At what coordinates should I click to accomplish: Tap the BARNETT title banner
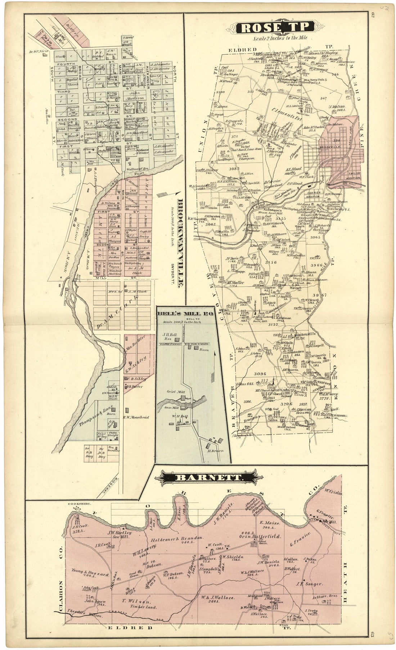pos(204,478)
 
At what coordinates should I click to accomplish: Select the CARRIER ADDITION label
pos(312,194)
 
